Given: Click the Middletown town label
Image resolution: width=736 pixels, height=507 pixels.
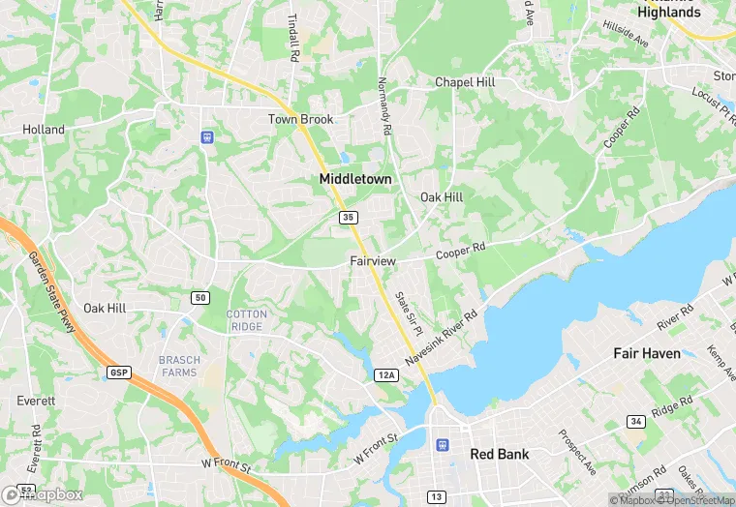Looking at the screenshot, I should pos(355,180).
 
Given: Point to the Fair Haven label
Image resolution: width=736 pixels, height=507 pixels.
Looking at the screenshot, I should pos(646,353).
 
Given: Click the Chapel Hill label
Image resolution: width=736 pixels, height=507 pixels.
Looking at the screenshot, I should pos(465,83).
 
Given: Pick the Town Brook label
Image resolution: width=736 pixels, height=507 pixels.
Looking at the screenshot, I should pos(300,120).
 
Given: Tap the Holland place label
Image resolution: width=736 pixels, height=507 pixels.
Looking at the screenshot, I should pos(44,130).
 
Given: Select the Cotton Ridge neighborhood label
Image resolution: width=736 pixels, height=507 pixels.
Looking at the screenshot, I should pos(246,320).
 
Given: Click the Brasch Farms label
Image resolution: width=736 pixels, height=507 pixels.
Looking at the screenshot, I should pos(179,367).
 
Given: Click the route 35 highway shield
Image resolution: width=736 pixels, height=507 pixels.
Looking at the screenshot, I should pos(348,218).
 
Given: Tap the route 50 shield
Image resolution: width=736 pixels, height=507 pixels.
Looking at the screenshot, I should pos(199,297).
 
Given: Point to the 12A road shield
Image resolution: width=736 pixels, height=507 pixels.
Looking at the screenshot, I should pos(386,374).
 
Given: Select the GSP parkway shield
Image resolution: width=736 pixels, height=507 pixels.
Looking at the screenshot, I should pos(118,373).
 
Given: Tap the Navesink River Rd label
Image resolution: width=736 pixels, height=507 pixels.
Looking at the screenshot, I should pos(442,337).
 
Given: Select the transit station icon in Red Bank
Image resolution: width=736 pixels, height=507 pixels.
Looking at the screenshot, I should pos(443,445).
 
